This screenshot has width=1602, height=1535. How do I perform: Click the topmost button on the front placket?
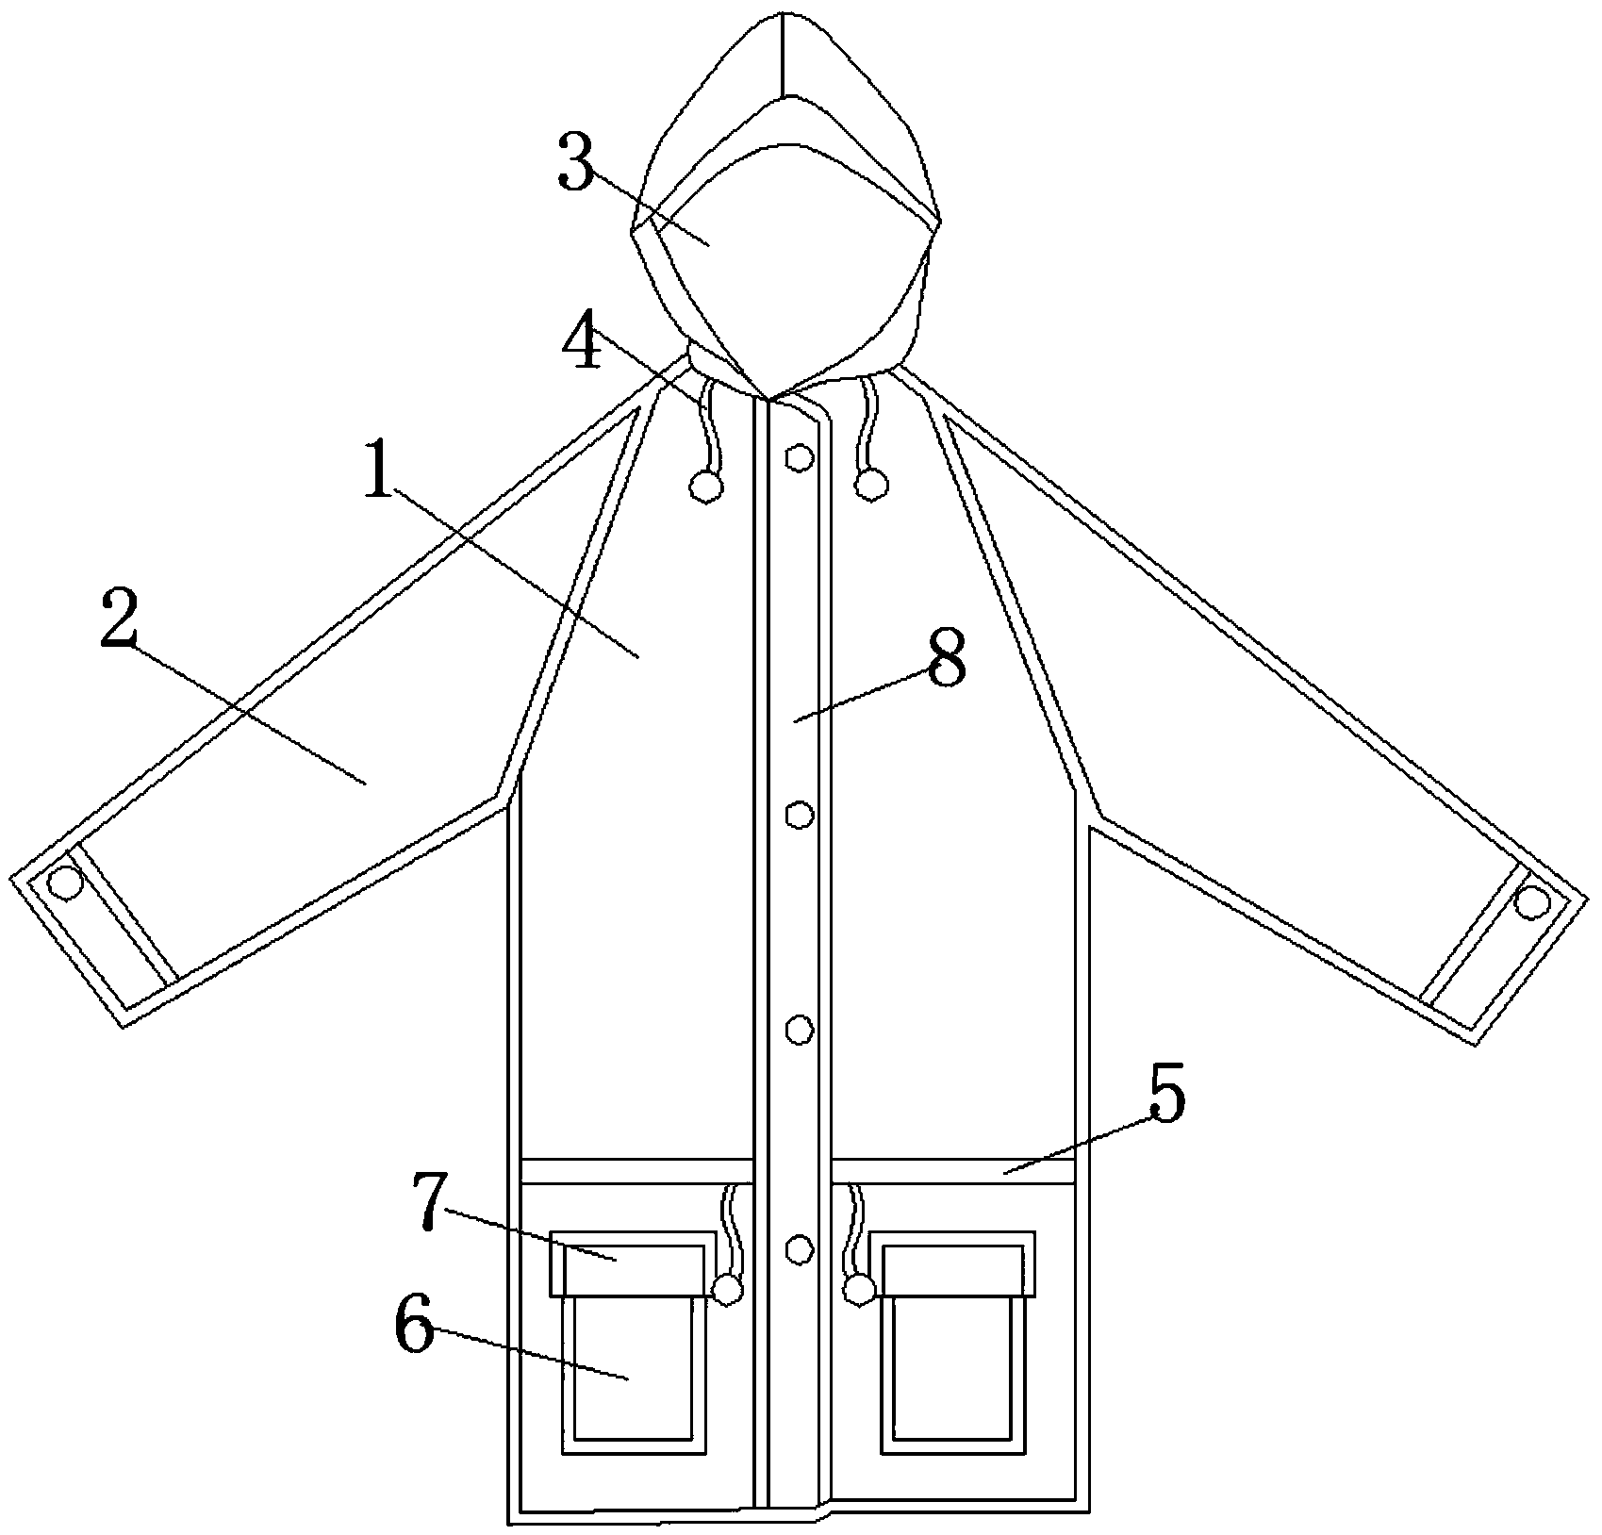click(800, 457)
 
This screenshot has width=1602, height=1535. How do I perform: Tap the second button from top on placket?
click(800, 814)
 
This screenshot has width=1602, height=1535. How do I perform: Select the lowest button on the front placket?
click(800, 1248)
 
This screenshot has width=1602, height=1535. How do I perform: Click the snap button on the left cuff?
click(65, 883)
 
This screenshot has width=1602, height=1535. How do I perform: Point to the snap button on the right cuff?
click(1532, 903)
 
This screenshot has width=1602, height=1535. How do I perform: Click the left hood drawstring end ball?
click(706, 486)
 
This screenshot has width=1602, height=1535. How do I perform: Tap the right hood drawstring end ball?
click(871, 485)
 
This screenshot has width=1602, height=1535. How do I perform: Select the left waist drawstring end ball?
click(728, 1289)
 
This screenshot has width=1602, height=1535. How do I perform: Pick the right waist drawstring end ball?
click(859, 1288)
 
